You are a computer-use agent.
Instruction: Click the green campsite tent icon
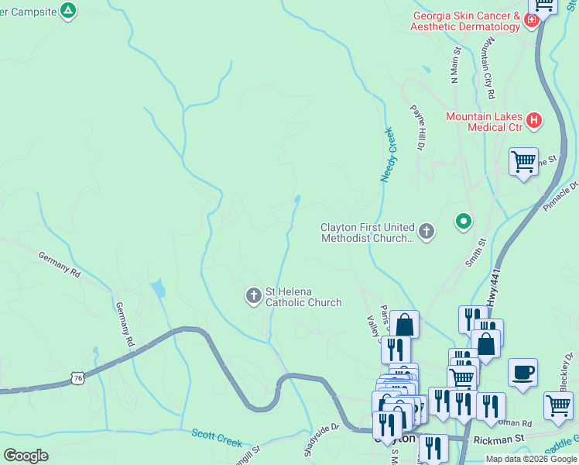coord(69,11)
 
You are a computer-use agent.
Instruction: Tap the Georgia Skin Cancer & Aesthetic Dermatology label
coord(466,21)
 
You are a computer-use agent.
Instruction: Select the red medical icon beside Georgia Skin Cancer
coord(532,20)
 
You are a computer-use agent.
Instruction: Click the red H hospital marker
coord(533,120)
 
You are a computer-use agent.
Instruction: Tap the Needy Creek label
coord(388,155)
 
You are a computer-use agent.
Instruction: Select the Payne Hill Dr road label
coord(419,127)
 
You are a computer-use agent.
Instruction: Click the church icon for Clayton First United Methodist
coord(427,231)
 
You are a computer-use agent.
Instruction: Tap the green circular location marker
coord(464,222)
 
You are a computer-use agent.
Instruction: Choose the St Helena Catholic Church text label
coord(303,297)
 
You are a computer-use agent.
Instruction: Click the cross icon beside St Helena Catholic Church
coord(253,295)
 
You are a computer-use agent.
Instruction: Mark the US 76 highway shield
coord(76,378)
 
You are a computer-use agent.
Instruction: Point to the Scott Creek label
coord(218,439)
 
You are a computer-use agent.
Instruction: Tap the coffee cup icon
coord(522,372)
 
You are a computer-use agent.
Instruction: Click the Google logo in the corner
coord(26,456)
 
